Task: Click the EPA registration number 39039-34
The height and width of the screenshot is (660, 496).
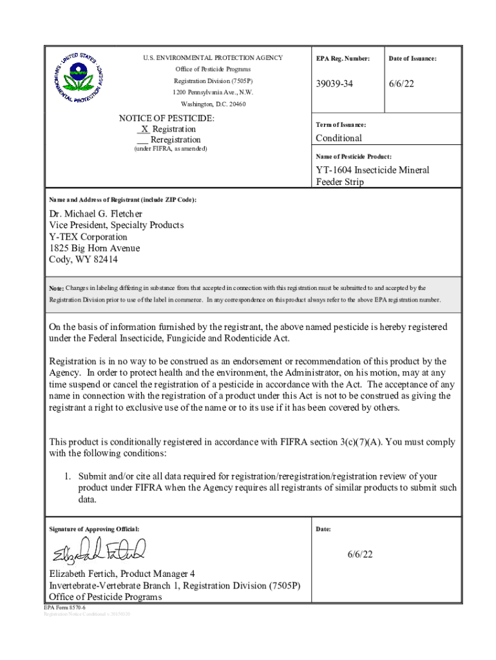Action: coord(334,84)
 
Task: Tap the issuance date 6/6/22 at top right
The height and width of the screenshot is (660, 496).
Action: coord(400,84)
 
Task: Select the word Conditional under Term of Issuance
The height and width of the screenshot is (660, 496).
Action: coord(338,138)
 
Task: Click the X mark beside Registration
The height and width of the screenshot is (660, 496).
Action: coord(144,130)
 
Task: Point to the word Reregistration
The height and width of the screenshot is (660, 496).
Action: coord(175,140)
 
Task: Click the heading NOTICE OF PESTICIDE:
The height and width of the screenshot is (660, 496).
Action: coord(167,119)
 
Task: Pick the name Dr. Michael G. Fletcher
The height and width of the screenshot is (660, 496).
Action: coord(96,213)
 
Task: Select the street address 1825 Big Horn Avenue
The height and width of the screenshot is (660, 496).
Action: coord(95,248)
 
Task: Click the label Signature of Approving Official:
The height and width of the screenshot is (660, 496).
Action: coord(94,529)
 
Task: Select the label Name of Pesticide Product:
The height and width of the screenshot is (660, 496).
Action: coord(354,157)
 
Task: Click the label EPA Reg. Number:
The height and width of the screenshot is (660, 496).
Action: coord(343,59)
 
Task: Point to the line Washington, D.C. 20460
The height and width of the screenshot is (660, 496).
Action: coord(213,104)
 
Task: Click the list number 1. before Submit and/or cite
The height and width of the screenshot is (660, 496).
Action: coord(66,476)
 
